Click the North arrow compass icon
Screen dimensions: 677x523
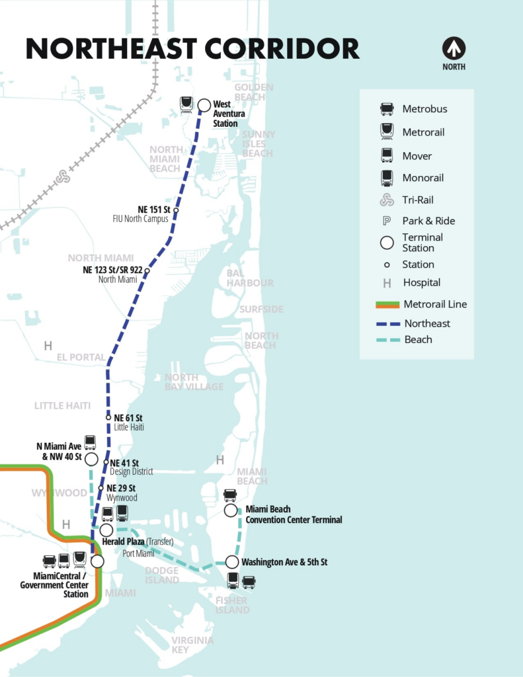454,48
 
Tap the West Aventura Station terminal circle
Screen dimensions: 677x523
204,104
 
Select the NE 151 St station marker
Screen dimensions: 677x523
176,210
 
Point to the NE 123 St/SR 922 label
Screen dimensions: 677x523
112,270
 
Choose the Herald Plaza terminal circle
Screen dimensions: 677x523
106,530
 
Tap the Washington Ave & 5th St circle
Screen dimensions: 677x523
231,562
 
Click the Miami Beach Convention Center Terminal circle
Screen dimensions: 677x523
230,510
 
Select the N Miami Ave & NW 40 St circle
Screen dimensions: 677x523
91,459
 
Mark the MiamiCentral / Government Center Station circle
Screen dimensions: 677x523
97,561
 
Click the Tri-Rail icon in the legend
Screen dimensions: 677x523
387,200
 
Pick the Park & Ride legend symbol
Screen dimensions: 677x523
387,221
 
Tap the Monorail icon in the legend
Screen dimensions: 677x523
387,178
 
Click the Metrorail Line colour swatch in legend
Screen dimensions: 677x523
387,305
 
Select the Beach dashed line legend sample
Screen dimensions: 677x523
387,340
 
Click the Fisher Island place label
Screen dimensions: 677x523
232,605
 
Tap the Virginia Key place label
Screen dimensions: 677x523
192,645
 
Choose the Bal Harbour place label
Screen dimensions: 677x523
250,278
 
